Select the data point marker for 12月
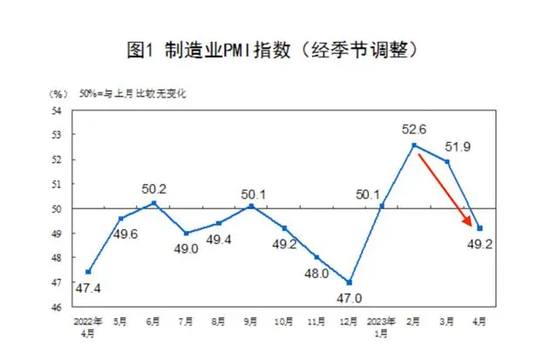click(350, 282)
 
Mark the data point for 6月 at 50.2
click(153, 203)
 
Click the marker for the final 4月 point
click(480, 228)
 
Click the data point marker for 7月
click(186, 233)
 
